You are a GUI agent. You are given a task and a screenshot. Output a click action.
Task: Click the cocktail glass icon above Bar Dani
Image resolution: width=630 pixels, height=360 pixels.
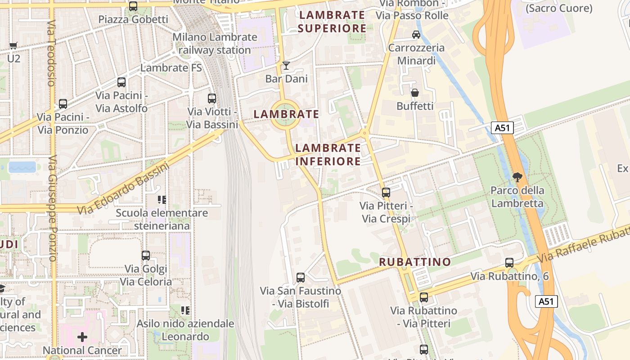pos(286,66)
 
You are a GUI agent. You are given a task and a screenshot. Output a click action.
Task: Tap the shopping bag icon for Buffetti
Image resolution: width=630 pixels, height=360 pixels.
pos(415,93)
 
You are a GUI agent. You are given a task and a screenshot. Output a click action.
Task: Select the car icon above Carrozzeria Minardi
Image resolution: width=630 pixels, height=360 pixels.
pos(416,35)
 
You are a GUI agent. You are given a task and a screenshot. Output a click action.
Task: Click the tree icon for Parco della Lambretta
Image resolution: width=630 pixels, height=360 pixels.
pos(517,177)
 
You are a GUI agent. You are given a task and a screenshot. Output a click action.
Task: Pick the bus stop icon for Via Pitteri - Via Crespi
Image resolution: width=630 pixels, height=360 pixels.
pos(386,193)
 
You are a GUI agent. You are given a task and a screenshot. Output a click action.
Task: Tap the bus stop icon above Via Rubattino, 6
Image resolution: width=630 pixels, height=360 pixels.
pos(509,263)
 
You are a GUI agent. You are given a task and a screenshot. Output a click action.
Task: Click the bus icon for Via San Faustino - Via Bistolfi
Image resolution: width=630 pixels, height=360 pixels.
pos(301,278)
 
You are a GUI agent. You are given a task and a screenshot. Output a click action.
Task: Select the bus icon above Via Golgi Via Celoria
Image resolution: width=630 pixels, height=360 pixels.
pos(146,256)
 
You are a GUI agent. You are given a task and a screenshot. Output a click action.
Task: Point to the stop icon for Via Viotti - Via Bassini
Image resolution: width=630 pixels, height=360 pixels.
pos(212,98)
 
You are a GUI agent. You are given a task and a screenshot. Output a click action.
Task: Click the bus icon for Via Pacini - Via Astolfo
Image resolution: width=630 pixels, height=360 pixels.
pos(121,82)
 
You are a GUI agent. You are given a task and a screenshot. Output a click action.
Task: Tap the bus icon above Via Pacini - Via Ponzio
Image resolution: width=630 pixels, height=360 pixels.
pos(63,104)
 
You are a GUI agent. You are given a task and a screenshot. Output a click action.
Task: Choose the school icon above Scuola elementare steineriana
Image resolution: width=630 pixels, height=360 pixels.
pos(162,199)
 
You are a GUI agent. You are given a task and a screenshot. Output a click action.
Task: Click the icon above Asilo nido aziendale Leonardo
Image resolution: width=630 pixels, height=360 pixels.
pos(185,310)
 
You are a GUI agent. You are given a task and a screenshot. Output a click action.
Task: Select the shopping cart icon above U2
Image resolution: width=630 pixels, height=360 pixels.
pos(13,45)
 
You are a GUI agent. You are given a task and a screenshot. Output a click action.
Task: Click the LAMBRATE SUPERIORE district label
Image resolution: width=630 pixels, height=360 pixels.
pos(332,22)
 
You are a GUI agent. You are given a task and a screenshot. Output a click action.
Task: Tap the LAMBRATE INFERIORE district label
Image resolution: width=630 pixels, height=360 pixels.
pos(328,154)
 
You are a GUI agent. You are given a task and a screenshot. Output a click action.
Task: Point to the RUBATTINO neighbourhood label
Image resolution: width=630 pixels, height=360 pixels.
pos(415,262)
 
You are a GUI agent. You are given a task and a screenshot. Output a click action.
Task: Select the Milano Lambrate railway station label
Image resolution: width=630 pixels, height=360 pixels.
pos(215,43)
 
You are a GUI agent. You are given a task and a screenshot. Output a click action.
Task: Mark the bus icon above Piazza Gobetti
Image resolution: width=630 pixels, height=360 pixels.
pos(133,6)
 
